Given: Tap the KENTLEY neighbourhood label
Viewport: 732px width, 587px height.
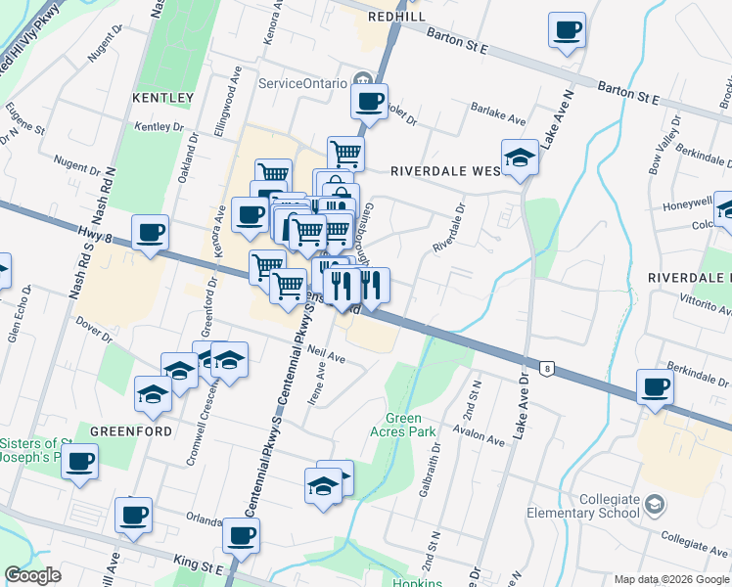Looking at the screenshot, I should tap(163, 98).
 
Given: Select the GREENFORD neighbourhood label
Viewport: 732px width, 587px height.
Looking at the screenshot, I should tap(131, 430).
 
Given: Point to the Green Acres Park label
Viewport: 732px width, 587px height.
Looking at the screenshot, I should tap(402, 424).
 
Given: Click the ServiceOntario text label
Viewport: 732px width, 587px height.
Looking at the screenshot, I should tap(303, 82).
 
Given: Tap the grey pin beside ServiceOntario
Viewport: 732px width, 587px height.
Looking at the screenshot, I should tap(363, 80).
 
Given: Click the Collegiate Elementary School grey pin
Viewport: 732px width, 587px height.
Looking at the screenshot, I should tap(655, 505).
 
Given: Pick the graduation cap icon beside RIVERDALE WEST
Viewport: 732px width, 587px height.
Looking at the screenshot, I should tap(520, 157).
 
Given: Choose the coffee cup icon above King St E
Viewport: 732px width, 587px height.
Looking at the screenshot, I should tap(241, 534).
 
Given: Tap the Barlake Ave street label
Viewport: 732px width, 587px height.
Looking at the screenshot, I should tap(497, 115).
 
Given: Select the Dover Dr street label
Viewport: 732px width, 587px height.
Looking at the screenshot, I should tap(95, 333).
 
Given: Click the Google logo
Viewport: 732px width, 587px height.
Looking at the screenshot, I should tap(32, 575).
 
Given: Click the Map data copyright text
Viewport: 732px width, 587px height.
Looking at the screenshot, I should tap(671, 579).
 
